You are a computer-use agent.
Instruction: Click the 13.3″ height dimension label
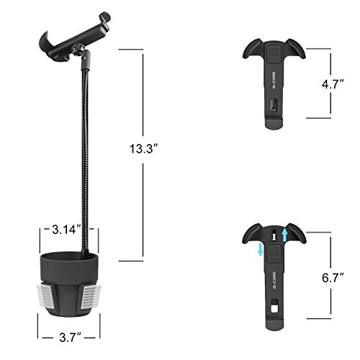tap(143, 149)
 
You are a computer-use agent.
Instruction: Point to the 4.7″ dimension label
tap(333, 84)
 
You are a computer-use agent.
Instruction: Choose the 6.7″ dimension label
tap(333, 278)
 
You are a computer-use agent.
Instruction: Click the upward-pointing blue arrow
tap(284, 235)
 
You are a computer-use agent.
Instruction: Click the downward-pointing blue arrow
tap(260, 249)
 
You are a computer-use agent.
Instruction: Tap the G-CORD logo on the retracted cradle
tap(274, 80)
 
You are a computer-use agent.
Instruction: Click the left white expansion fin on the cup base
tap(45, 296)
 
